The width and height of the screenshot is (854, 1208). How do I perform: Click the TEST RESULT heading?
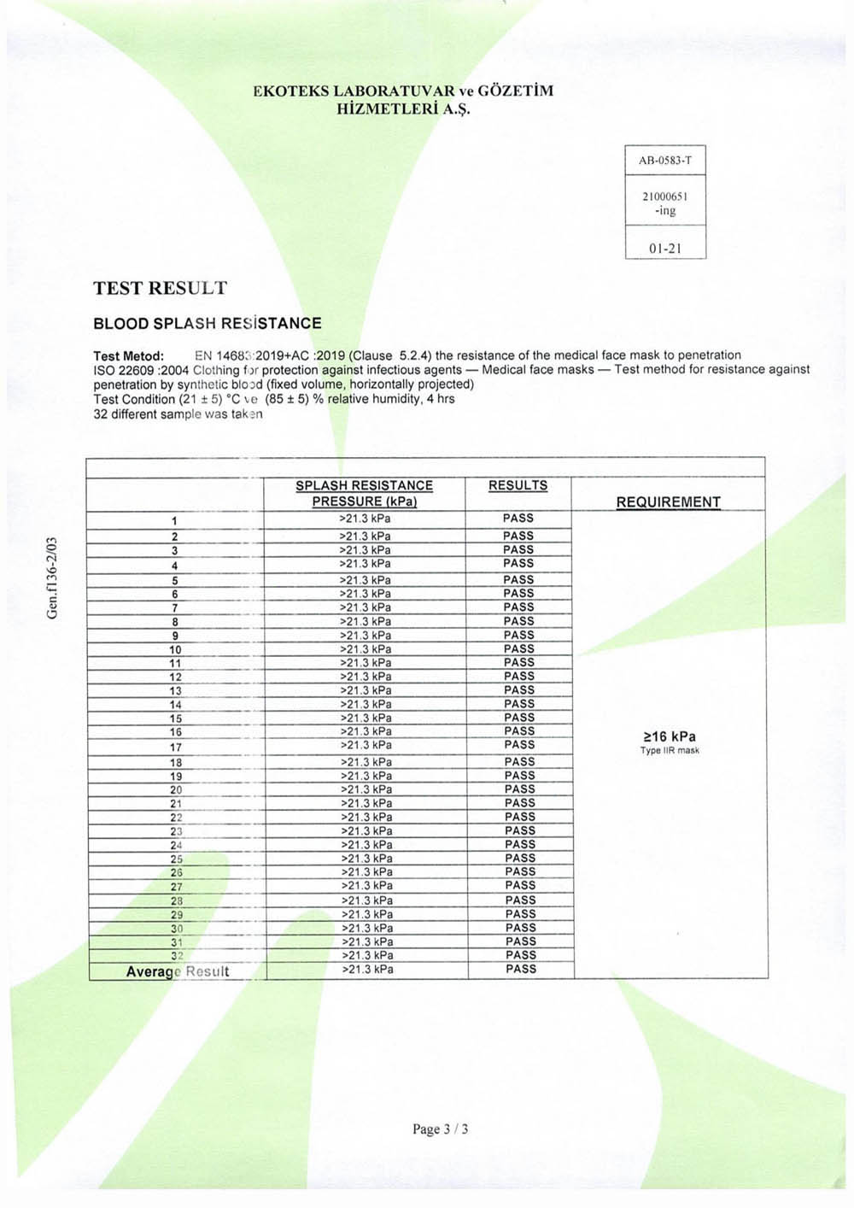pyautogui.click(x=161, y=288)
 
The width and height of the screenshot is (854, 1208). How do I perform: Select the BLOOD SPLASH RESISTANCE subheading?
pyautogui.click(x=208, y=324)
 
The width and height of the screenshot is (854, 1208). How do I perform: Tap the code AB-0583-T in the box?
pyautogui.click(x=665, y=161)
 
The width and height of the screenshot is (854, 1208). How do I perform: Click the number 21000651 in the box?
pyautogui.click(x=665, y=196)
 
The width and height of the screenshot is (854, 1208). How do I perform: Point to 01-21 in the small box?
pyautogui.click(x=665, y=249)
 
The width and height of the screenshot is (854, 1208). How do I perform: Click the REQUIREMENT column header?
pyautogui.click(x=668, y=502)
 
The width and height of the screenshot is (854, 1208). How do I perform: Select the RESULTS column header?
pyautogui.click(x=518, y=485)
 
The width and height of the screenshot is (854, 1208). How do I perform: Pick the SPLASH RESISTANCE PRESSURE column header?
pyautogui.click(x=364, y=493)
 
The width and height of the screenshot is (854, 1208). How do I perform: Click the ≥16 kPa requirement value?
pyautogui.click(x=670, y=736)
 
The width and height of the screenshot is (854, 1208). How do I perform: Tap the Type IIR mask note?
pyautogui.click(x=670, y=751)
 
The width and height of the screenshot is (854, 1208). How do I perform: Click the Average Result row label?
pyautogui.click(x=178, y=971)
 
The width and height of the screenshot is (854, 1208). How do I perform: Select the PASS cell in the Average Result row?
pyautogui.click(x=521, y=969)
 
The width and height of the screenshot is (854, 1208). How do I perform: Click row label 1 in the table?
pyautogui.click(x=174, y=521)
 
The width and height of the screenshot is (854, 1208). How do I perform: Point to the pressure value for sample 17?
pyautogui.click(x=366, y=745)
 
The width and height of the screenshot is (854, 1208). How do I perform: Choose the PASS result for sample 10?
pyautogui.click(x=518, y=648)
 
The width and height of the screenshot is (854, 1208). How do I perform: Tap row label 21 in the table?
pyautogui.click(x=176, y=804)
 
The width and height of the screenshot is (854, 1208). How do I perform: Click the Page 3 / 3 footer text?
pyautogui.click(x=440, y=1129)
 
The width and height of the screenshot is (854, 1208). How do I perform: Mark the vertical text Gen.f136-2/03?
pyautogui.click(x=53, y=578)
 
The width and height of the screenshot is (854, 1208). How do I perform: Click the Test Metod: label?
pyautogui.click(x=128, y=355)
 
